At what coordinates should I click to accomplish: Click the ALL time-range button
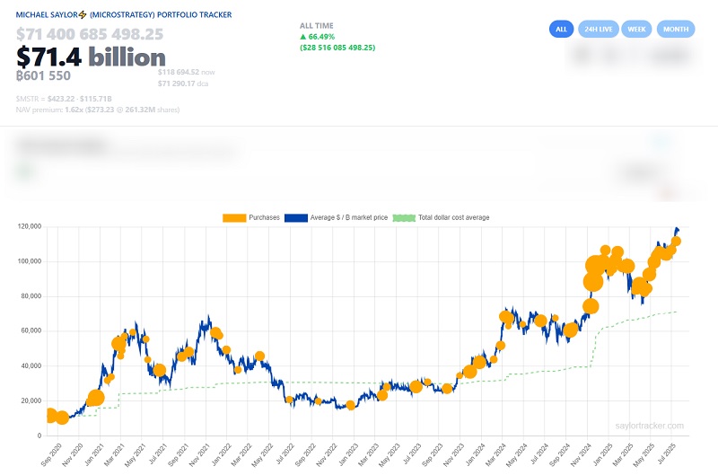(561, 29)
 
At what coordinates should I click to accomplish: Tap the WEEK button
(636, 29)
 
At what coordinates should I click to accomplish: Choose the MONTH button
(675, 29)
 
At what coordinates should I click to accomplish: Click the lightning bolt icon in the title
(82, 15)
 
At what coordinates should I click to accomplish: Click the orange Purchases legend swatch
(234, 217)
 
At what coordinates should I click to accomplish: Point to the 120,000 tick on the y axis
(30, 227)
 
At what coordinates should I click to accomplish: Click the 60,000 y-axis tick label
(31, 331)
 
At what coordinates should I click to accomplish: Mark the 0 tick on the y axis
(40, 435)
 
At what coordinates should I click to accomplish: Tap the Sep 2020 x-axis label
(52, 453)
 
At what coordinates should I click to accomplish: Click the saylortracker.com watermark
(650, 426)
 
